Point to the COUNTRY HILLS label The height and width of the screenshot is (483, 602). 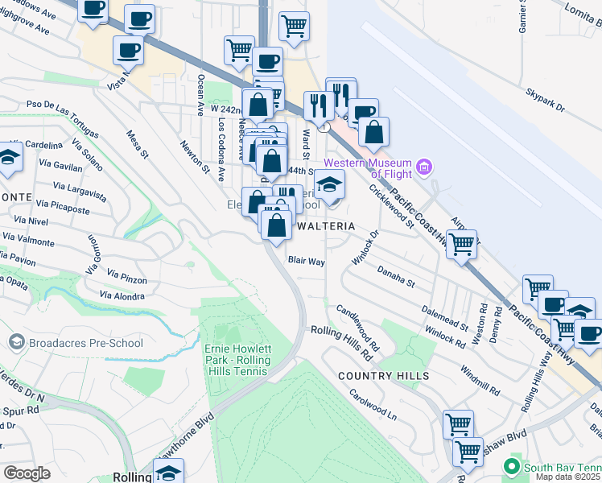(383, 376)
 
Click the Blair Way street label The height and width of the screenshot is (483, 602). (307, 262)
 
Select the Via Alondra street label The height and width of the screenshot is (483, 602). (122, 295)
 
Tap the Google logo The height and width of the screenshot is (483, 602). (27, 473)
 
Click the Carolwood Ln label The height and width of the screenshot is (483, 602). (373, 406)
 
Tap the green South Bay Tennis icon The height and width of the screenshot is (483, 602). (511, 467)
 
